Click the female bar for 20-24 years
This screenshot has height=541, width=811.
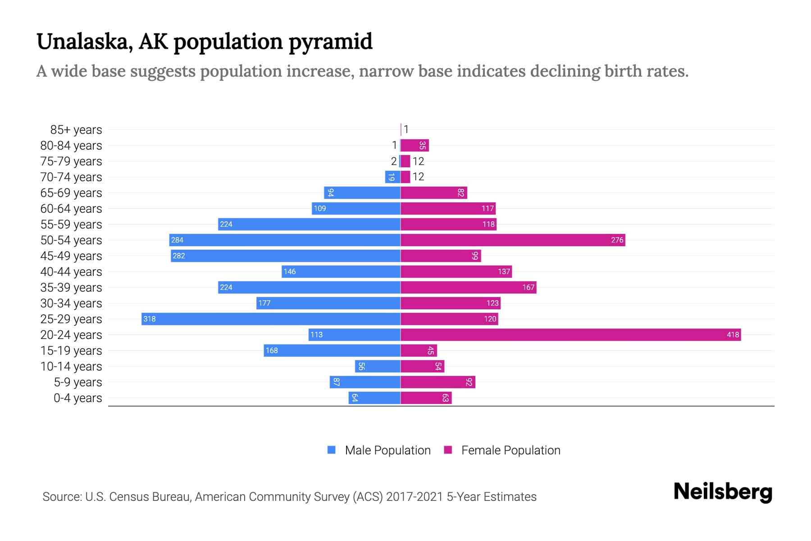(570, 335)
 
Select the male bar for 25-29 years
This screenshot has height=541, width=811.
(270, 319)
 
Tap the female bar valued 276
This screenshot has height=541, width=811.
(513, 240)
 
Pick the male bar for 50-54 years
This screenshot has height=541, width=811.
(285, 240)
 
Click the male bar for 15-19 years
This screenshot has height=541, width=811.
(332, 350)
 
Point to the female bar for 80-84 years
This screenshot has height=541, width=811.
(415, 145)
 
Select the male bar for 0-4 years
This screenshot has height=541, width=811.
(374, 398)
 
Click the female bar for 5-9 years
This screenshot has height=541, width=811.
(438, 382)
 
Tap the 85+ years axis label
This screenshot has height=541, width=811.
(76, 130)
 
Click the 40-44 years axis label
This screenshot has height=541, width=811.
(71, 272)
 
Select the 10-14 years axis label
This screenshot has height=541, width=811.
(71, 367)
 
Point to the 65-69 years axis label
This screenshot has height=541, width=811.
(71, 193)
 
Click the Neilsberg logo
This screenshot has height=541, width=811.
(723, 492)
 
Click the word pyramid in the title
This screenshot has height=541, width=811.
(330, 42)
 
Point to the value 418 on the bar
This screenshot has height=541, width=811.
(733, 335)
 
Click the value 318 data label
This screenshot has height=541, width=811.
(149, 319)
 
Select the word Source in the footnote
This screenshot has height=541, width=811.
(61, 497)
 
